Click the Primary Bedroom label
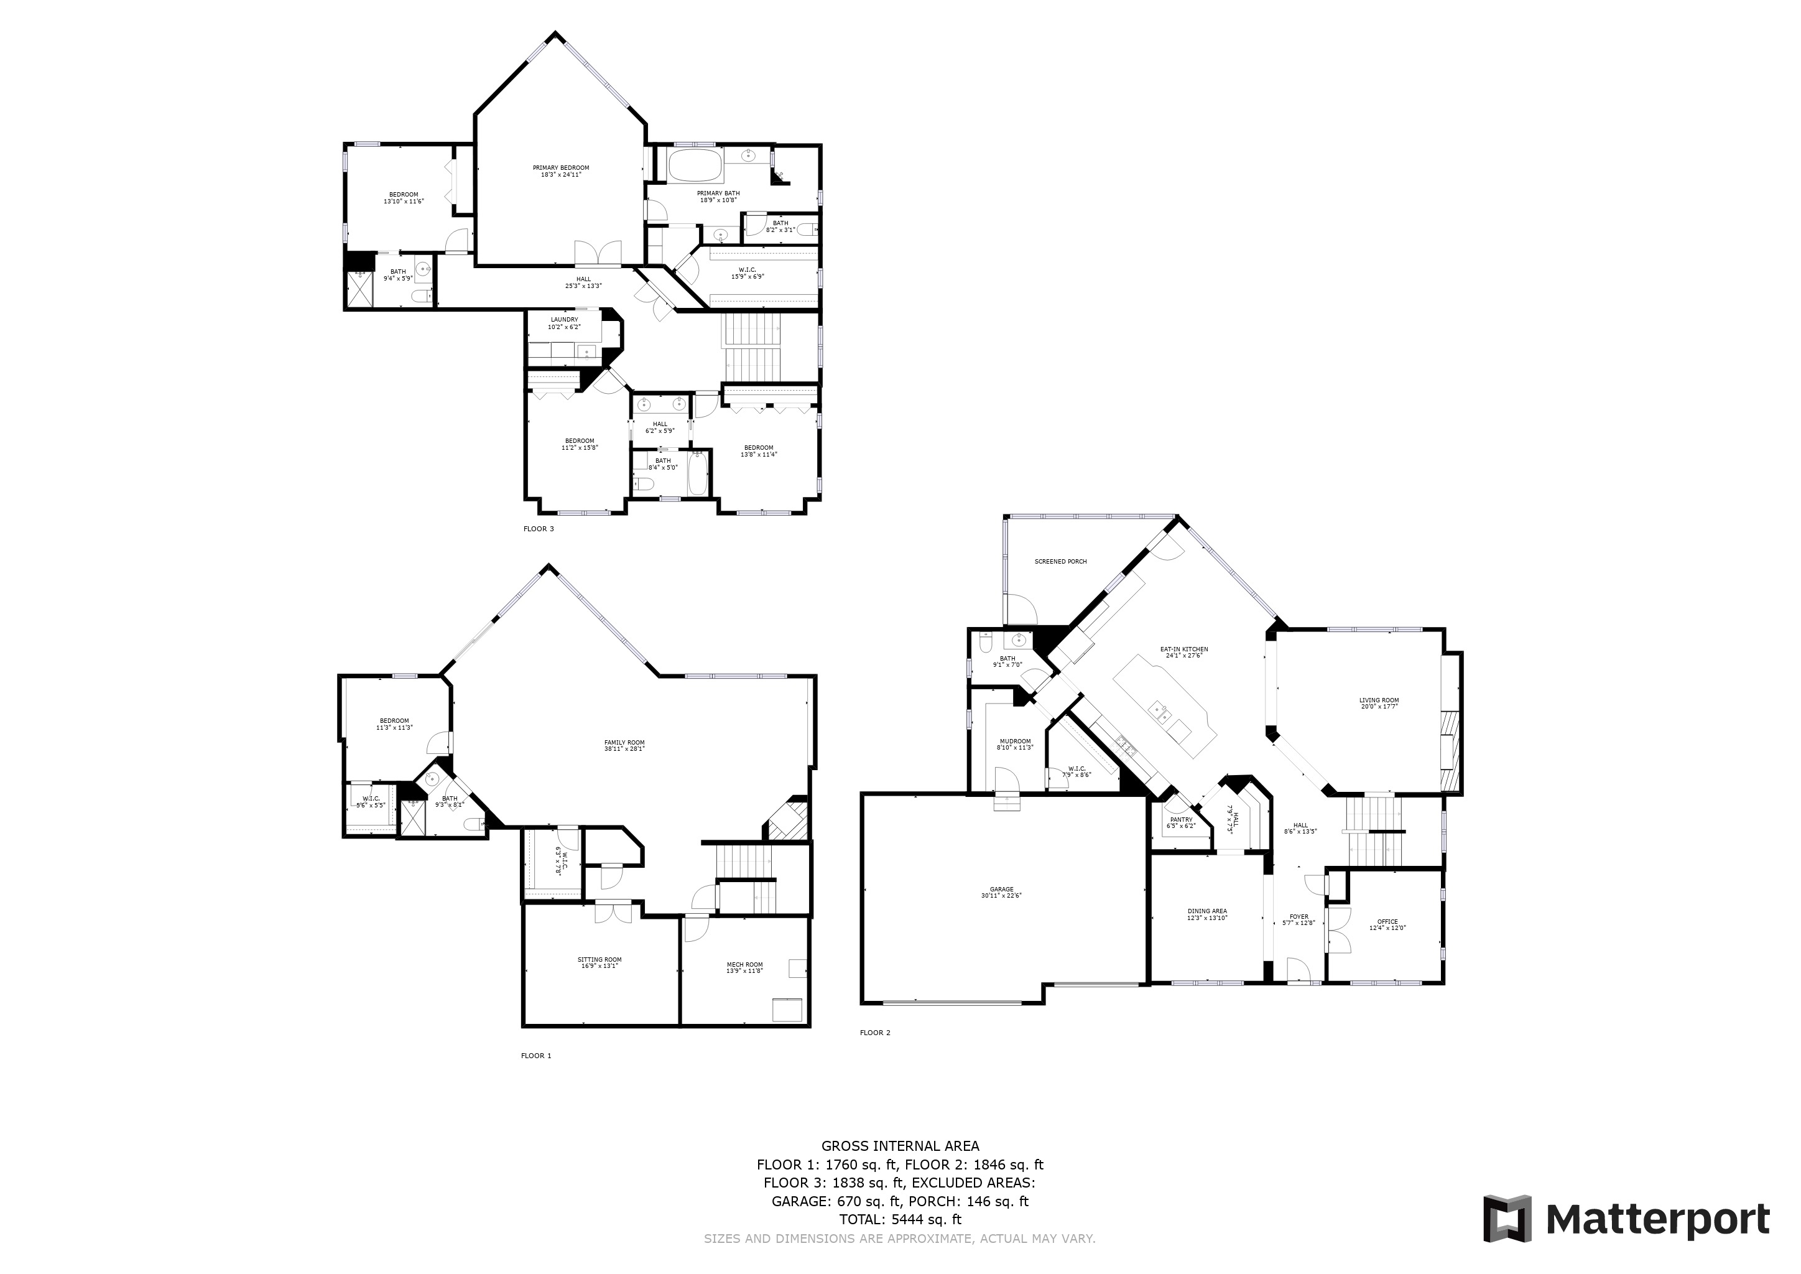click(x=560, y=168)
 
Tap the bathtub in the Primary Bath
click(x=696, y=165)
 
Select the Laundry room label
click(x=564, y=320)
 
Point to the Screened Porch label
click(x=1060, y=562)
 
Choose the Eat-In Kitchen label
click(x=1183, y=649)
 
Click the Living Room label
click(x=1379, y=700)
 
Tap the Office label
click(x=1387, y=922)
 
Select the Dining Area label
click(x=1207, y=911)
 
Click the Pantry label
click(x=1182, y=820)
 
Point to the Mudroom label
click(x=1015, y=742)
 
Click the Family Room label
click(x=624, y=742)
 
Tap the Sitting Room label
click(x=600, y=959)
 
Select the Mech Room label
click(x=744, y=965)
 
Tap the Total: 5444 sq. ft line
click(x=900, y=1220)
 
